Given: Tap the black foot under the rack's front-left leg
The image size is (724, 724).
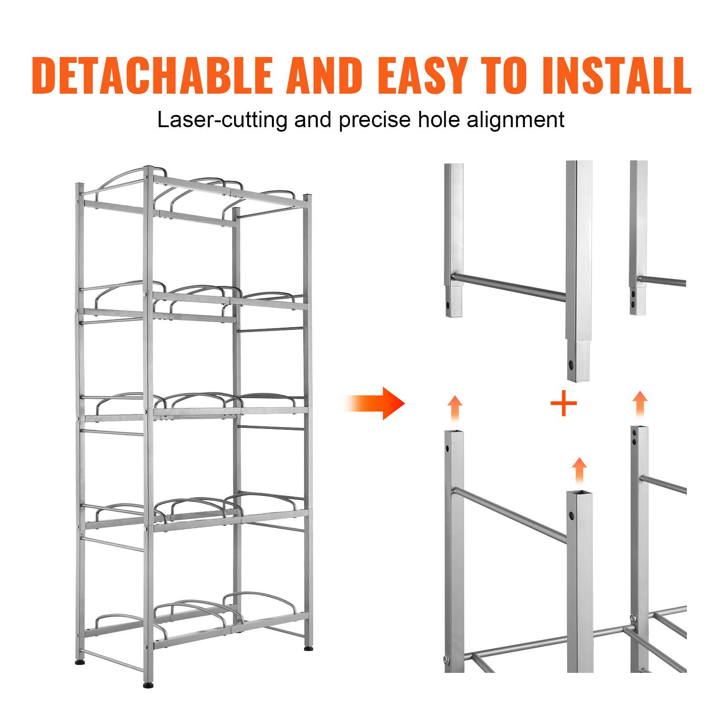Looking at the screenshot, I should (148, 697).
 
